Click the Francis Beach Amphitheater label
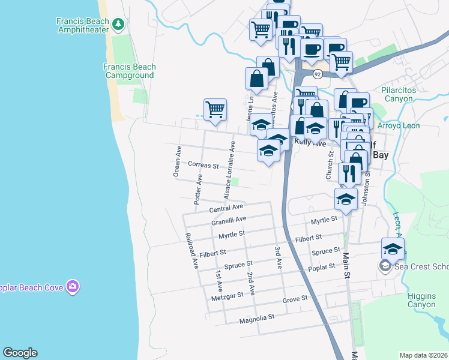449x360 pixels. coord(83,25)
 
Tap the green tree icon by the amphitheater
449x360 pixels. coord(119,24)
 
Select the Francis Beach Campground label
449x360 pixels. coord(129,71)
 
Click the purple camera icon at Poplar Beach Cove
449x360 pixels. coord(73,287)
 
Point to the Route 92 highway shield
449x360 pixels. coord(318,74)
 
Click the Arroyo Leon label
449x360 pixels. coord(399,126)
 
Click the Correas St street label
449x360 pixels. coord(203,164)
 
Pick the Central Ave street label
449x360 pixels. coord(226,209)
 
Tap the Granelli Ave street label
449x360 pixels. coord(229,221)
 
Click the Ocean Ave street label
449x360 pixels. coord(177,161)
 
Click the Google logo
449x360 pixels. coord(20,353)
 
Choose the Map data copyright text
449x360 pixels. coord(424,355)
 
